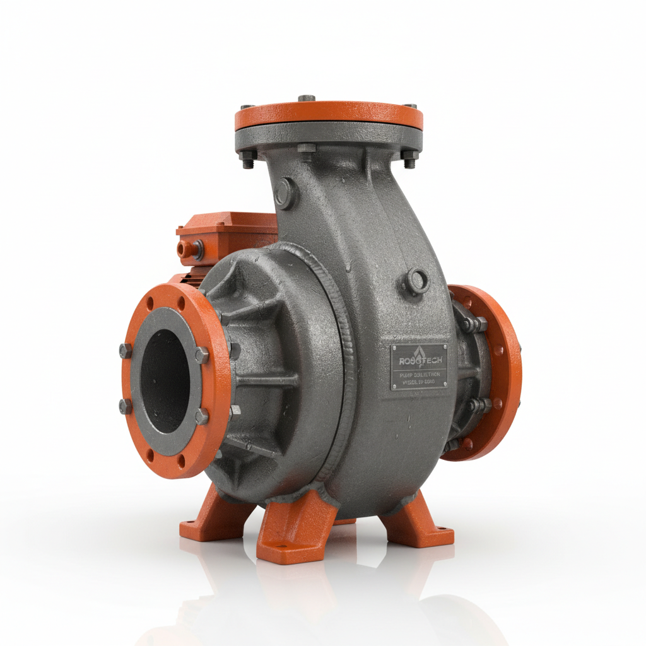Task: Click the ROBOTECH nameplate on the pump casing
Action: pos(419,366)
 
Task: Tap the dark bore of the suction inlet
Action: pos(165,381)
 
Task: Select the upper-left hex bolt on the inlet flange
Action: pos(126,351)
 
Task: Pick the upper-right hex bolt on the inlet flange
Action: pos(201,355)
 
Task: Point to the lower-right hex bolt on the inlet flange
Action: pos(201,416)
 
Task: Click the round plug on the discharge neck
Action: pos(285,193)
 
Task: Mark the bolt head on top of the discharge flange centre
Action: pos(307,98)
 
